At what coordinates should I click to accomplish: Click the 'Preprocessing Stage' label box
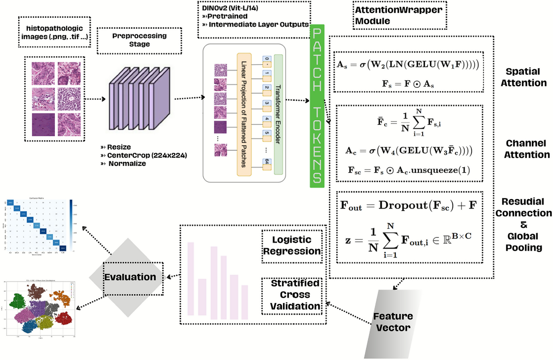pos(139,40)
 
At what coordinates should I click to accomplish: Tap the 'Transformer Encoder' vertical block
pos(278,114)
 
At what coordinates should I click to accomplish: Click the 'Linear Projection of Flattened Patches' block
pos(244,114)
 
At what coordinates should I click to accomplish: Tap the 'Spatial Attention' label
pos(523,77)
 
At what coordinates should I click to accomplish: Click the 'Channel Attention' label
pos(526,149)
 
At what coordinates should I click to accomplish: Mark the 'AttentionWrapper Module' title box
pos(399,16)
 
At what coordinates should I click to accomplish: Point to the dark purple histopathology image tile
pos(43,125)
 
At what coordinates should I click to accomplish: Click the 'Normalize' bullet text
pos(127,164)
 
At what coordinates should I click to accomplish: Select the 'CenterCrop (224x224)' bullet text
pos(147,155)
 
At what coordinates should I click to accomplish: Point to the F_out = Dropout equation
pos(408,206)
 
